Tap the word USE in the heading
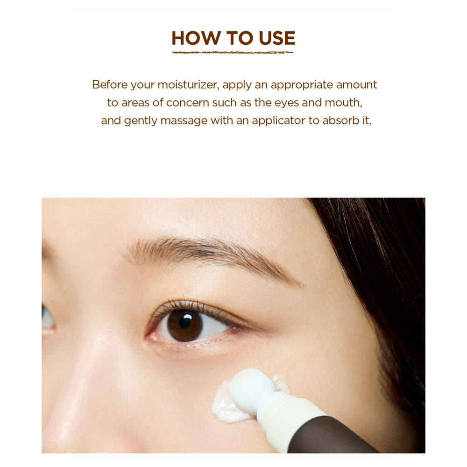277,38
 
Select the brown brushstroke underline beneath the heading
233,53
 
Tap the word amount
356,85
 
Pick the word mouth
343,103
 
